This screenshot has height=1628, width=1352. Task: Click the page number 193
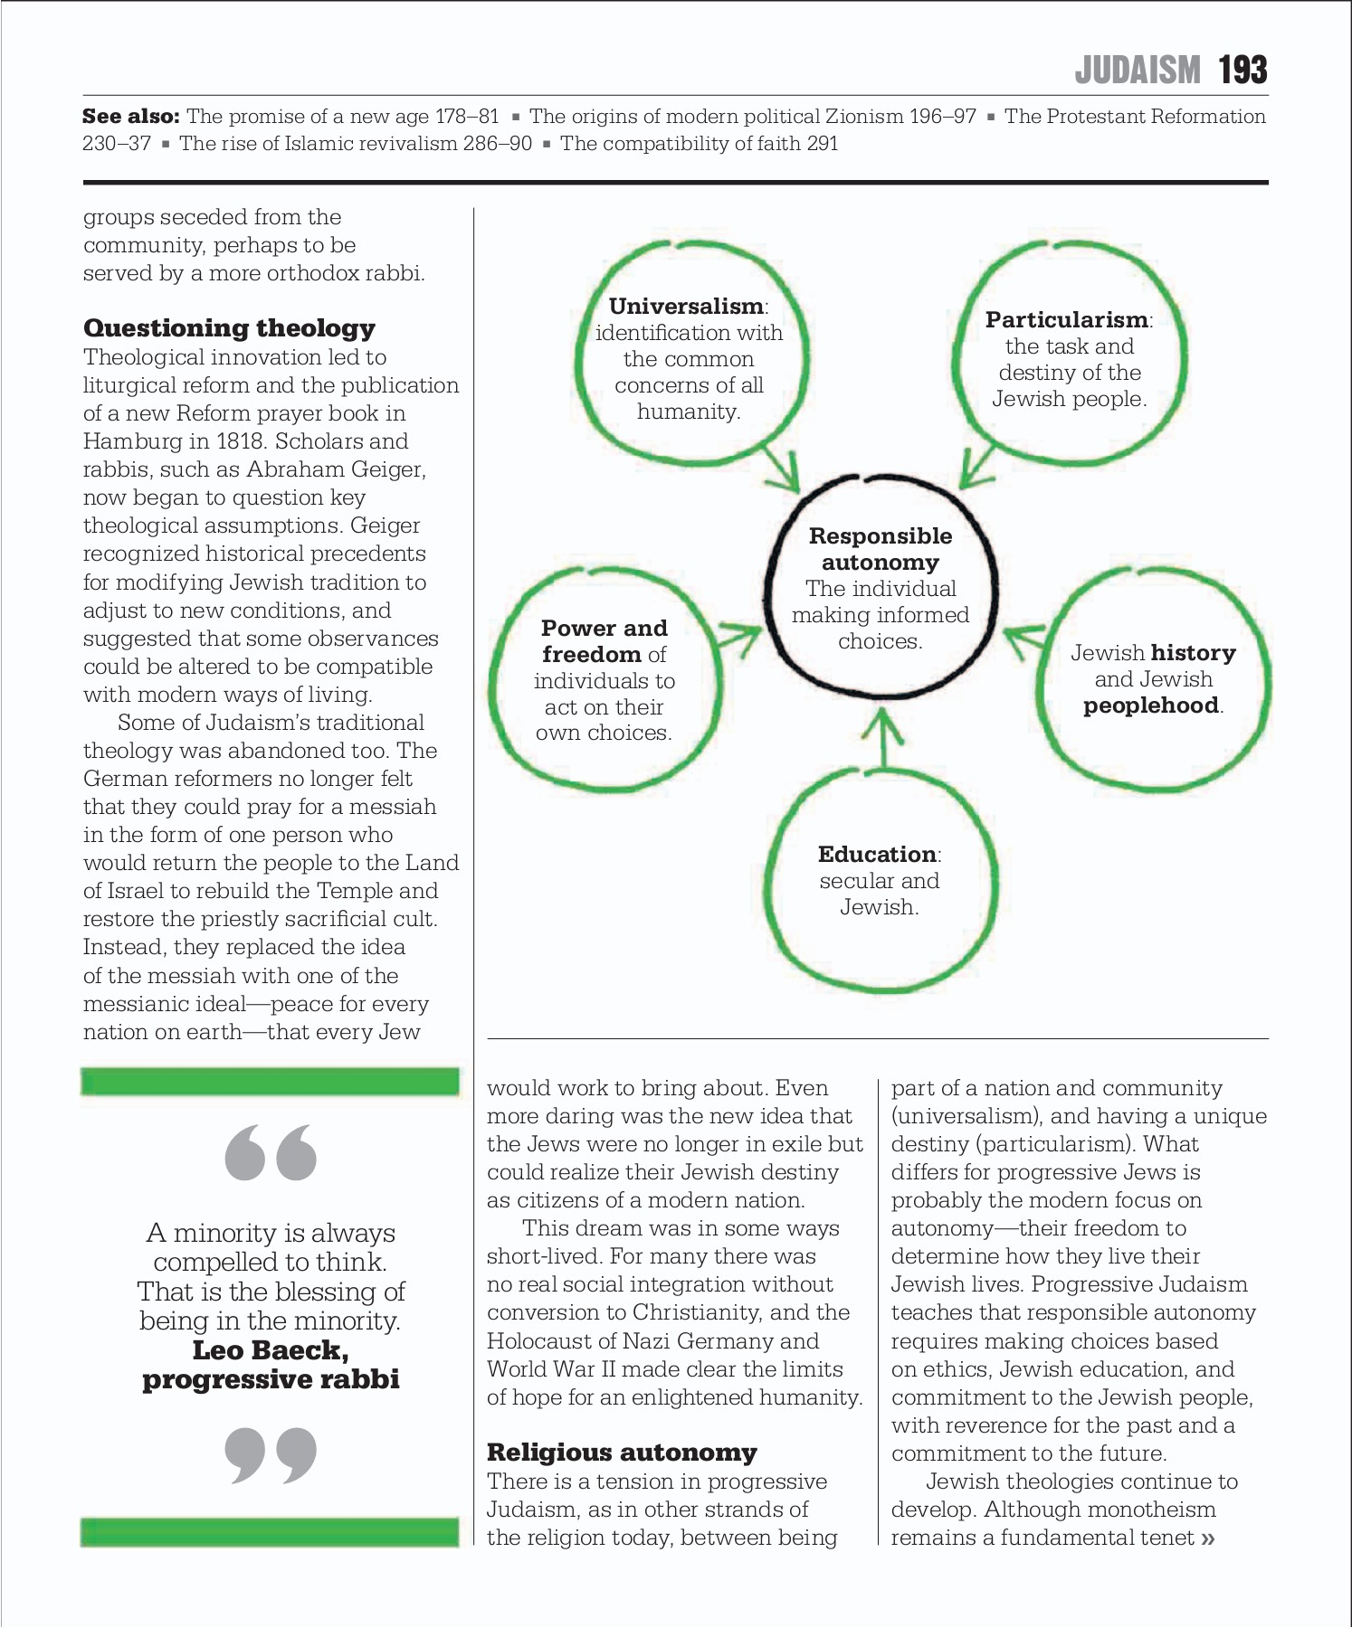[1243, 70]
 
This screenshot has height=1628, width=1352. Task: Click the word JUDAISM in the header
[1138, 70]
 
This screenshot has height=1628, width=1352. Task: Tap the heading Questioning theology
[229, 327]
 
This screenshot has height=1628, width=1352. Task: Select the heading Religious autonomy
[622, 1452]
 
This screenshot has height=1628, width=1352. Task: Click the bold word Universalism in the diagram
[686, 306]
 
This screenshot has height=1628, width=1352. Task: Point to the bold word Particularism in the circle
[1066, 319]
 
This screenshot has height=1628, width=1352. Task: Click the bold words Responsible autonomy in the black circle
[880, 549]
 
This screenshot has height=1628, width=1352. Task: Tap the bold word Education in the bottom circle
[876, 854]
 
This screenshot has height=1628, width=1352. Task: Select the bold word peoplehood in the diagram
[1150, 705]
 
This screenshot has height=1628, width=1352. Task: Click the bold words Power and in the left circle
[604, 628]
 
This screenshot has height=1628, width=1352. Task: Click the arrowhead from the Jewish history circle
[1023, 639]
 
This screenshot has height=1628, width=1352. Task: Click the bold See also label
[130, 116]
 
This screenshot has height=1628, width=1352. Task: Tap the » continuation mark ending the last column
[1207, 1538]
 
